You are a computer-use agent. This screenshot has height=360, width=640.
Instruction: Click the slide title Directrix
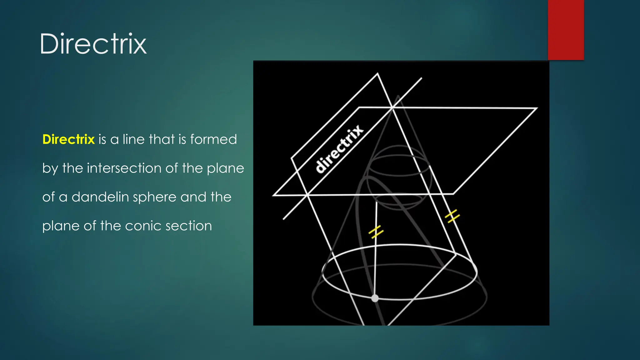coord(93,44)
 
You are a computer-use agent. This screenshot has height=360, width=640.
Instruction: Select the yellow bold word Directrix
coord(68,139)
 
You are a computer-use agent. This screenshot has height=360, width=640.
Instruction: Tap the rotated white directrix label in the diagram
coord(339,149)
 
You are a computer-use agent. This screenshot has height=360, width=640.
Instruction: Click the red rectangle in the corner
coord(566,30)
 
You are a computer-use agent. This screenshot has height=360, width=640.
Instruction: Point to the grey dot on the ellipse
coord(375,298)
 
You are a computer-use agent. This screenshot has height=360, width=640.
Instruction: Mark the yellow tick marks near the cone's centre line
coord(376,232)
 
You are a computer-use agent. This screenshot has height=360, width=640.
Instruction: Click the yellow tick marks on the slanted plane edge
coord(452,216)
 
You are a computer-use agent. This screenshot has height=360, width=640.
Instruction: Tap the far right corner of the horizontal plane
coord(537,108)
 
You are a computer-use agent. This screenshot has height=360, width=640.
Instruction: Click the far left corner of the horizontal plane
coord(273,195)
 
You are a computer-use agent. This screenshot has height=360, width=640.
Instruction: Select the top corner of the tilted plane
coord(377,74)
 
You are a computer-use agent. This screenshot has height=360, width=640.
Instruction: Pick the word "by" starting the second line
coord(50,168)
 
